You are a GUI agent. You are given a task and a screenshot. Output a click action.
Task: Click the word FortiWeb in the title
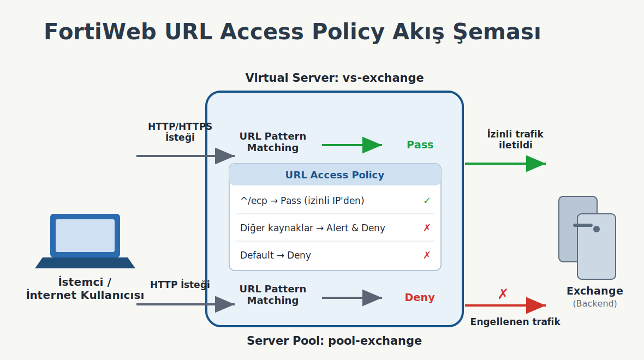point(100,32)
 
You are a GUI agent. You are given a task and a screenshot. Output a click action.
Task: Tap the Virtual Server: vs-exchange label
point(335,77)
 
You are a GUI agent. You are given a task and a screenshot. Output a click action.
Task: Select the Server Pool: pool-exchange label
point(335,341)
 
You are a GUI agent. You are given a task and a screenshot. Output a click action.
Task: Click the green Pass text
point(420,145)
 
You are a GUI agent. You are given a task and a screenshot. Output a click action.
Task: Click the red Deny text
point(419,297)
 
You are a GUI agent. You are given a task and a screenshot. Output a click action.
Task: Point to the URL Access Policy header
point(335,175)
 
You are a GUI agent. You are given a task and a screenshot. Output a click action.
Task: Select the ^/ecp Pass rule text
point(302,201)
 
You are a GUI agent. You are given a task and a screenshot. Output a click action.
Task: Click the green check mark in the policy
point(427,200)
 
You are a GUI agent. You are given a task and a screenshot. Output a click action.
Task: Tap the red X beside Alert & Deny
point(427,227)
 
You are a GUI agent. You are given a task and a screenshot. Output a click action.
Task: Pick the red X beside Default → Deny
point(427,255)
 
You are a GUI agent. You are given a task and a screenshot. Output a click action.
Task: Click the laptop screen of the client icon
point(85,236)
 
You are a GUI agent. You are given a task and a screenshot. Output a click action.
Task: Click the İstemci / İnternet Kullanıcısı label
point(85,289)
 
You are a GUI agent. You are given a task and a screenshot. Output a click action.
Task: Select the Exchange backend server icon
point(587,237)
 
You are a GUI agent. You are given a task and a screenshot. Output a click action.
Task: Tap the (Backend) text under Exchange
point(595,303)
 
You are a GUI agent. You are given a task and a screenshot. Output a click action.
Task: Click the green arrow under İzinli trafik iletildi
point(505,164)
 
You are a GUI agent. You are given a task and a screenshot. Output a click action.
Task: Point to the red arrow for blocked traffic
point(505,305)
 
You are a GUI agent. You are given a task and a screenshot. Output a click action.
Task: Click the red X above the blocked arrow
point(503,293)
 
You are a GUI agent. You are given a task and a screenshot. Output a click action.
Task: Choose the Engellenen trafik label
point(515,321)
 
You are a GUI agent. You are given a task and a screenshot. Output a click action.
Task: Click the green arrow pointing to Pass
point(352,145)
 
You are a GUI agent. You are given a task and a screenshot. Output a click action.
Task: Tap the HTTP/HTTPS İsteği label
point(180,132)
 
